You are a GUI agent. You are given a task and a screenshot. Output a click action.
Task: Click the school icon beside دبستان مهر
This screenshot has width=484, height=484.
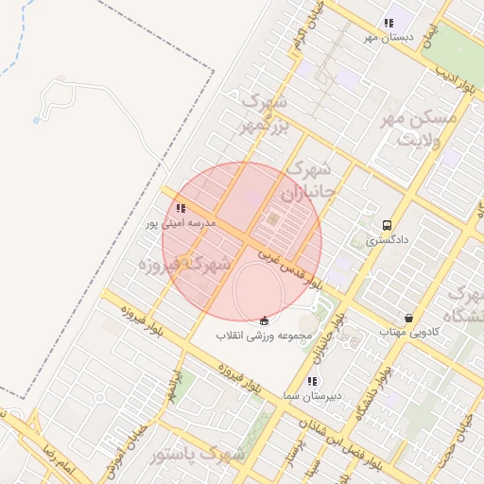pyautogui.click(x=388, y=24)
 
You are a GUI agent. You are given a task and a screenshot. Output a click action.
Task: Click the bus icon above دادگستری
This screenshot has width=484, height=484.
pyautogui.click(x=387, y=225)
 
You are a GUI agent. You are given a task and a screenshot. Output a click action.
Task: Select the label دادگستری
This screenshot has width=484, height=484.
pyautogui.click(x=388, y=240)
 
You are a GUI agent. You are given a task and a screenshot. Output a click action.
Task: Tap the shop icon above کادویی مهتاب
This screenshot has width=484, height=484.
pyautogui.click(x=407, y=318)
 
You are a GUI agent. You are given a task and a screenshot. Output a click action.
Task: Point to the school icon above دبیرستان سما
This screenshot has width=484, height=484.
pyautogui.click(x=312, y=381)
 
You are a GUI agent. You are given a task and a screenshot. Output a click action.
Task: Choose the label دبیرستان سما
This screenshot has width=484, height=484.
pyautogui.click(x=312, y=395)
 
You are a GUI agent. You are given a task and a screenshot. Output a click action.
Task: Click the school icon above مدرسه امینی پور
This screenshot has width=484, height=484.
pyautogui.click(x=181, y=208)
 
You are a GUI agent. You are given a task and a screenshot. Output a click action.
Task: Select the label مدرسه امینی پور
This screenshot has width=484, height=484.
pyautogui.click(x=181, y=223)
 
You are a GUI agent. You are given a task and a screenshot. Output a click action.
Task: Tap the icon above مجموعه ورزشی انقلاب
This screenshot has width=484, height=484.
pyautogui.click(x=263, y=320)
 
